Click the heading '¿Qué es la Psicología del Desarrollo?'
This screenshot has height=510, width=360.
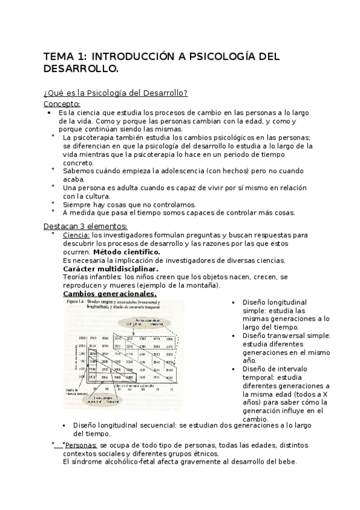coord(116,93)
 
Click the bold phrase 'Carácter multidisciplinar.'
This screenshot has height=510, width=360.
coord(111,269)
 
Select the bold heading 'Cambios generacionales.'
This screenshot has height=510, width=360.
coord(110,294)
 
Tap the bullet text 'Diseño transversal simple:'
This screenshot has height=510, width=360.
coord(287,336)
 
